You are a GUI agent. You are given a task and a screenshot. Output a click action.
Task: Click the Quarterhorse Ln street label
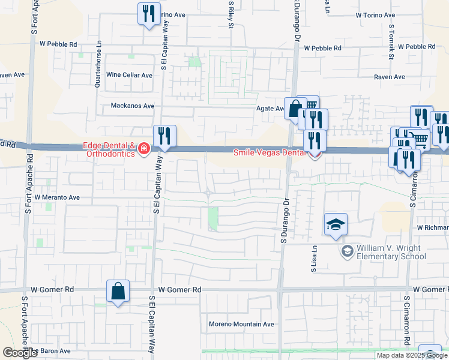98,64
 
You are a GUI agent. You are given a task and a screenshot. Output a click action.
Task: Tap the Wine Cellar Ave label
129,75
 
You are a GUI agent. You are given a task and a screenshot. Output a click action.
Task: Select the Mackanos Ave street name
133,106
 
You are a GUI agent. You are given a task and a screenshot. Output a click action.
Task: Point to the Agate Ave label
271,109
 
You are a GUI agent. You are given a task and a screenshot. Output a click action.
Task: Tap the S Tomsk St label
391,42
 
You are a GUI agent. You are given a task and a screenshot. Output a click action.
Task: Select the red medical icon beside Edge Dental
144,148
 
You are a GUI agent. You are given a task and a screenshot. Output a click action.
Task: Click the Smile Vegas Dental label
270,152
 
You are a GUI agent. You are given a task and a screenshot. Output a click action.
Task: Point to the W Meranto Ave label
57,197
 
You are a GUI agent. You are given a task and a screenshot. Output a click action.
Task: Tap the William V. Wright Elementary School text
391,252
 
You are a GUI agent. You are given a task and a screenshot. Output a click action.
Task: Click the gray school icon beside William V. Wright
346,251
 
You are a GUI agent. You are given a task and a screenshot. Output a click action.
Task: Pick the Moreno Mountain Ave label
241,324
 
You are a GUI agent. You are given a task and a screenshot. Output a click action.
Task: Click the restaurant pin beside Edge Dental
164,136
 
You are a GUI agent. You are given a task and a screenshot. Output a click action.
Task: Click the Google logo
20,353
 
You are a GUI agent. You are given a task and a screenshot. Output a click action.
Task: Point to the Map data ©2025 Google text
412,355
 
